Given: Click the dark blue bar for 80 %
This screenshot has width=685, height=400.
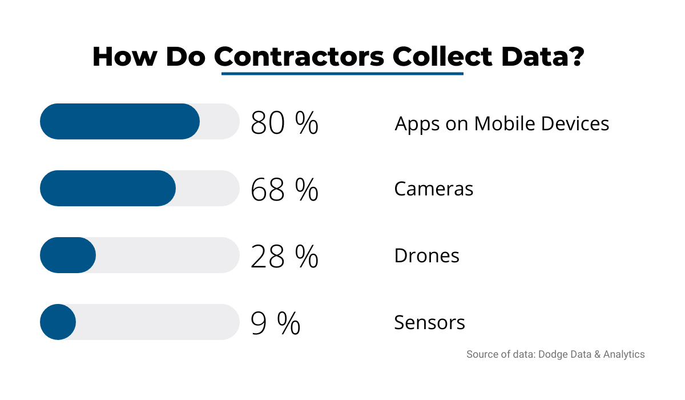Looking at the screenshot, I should [120, 121].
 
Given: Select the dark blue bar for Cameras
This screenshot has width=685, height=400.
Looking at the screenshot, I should [108, 188].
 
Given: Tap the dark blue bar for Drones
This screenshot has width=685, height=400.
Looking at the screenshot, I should [68, 255].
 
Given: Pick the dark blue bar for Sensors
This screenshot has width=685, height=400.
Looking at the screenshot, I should [58, 322].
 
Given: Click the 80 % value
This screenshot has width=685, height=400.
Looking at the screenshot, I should [284, 122].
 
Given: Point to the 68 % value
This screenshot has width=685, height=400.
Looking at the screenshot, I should [284, 189].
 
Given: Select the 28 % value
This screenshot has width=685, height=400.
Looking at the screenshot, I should [284, 256].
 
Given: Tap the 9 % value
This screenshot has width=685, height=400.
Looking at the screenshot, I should [275, 323].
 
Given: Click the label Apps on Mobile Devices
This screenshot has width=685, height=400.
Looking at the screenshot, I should [502, 123].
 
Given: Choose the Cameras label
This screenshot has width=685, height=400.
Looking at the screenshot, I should [434, 189].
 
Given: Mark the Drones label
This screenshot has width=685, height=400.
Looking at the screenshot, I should [426, 255].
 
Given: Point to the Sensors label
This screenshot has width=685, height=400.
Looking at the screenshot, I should [429, 322].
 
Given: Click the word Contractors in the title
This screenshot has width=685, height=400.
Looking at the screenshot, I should [299, 57].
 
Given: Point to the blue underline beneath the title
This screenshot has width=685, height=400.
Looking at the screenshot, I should [342, 74].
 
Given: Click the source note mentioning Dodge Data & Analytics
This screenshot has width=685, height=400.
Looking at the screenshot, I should [555, 354].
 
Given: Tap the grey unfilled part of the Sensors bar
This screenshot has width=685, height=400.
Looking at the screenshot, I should [157, 322].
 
